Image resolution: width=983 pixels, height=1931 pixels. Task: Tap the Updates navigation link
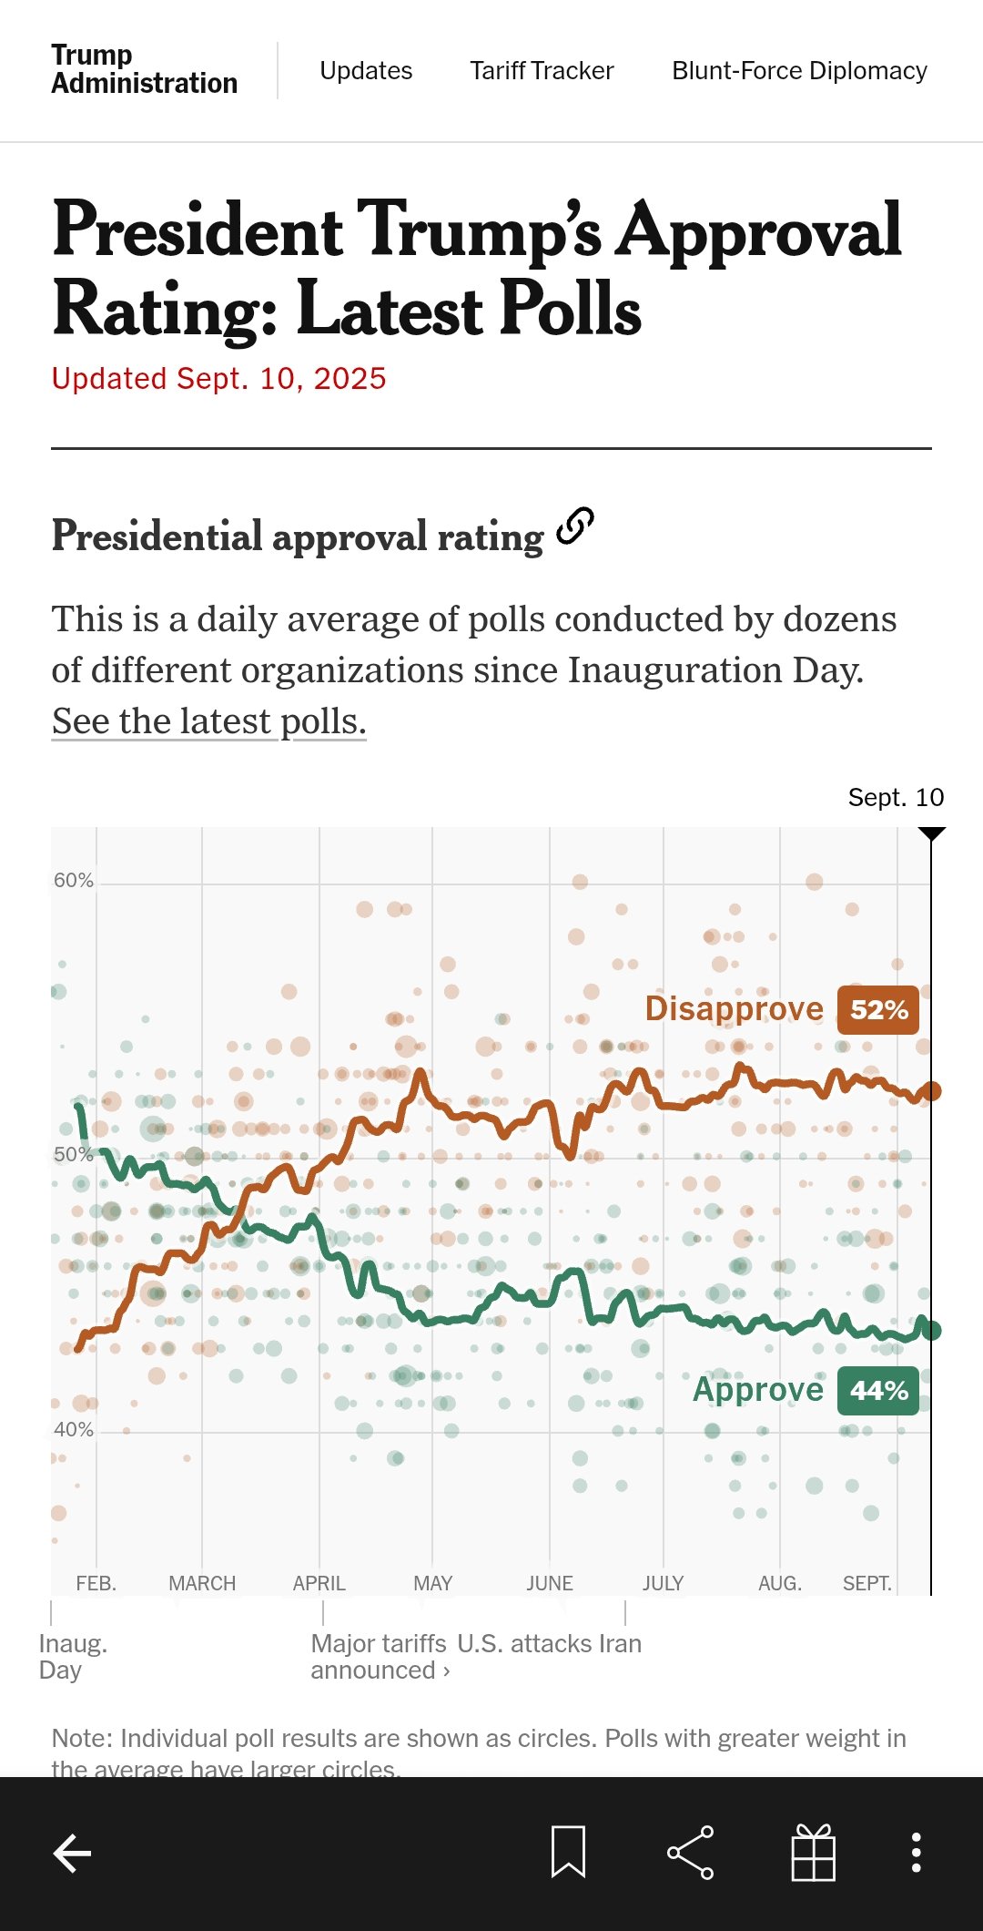coord(366,71)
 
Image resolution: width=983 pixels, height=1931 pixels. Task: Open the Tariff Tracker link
coord(542,71)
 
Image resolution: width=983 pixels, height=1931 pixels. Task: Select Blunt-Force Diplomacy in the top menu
coord(799,71)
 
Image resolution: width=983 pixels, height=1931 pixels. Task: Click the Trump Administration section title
coord(144,69)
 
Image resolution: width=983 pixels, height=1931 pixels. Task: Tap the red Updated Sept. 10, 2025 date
coord(218,378)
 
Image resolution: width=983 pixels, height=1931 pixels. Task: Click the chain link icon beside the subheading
coord(575,526)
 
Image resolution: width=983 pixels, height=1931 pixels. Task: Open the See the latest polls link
coord(208,720)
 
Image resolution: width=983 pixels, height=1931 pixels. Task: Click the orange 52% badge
coord(878,1009)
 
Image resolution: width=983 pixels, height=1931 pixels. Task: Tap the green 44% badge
coord(878,1391)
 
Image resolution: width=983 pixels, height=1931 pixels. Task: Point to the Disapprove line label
coord(735,1009)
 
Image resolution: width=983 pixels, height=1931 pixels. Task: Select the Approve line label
coord(758,1390)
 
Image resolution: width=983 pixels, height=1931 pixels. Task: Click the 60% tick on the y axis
coord(74,881)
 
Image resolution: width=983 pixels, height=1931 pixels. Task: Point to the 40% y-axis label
coord(74,1430)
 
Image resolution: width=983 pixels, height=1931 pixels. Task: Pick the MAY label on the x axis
coord(432,1584)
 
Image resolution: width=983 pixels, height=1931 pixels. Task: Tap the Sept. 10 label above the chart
coord(896,798)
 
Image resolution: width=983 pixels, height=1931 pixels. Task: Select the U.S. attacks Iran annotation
coord(550,1644)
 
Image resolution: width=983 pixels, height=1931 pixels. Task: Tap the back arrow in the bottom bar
coord(72,1854)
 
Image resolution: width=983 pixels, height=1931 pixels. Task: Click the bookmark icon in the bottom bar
coord(568,1852)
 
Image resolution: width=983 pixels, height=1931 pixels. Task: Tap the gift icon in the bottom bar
coord(814,1852)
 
